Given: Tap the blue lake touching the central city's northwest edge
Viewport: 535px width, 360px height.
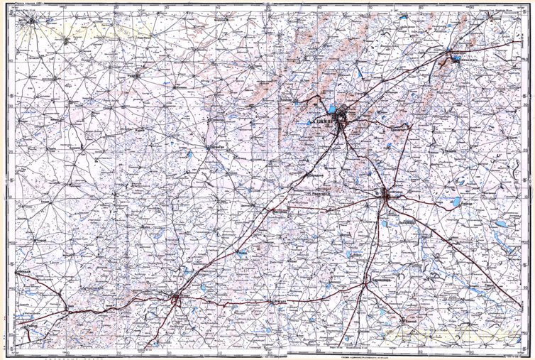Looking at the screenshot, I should [x=331, y=109].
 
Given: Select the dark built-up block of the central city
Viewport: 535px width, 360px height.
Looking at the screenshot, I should [x=343, y=114].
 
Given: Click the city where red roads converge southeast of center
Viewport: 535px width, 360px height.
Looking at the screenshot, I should [x=385, y=193].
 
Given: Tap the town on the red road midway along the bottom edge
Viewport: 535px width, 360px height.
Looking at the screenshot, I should [x=273, y=301].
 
